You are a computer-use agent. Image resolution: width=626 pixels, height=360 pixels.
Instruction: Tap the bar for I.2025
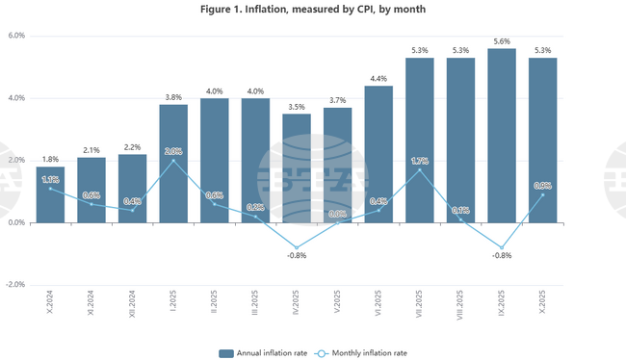[173, 164]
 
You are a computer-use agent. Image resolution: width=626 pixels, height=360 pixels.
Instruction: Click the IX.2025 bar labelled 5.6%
[502, 136]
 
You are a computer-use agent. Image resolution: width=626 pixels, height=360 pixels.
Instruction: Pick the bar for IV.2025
[297, 168]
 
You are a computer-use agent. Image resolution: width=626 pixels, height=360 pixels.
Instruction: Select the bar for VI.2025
[378, 154]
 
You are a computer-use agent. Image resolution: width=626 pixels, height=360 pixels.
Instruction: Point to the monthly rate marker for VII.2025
[419, 169]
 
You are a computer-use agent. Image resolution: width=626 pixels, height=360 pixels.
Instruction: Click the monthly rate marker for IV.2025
[297, 247]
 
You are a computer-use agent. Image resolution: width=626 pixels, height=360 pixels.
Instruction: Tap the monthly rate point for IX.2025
[502, 247]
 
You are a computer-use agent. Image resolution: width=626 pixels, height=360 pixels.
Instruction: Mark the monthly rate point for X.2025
[542, 194]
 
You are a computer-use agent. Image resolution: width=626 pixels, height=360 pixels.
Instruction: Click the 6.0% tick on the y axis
[16, 36]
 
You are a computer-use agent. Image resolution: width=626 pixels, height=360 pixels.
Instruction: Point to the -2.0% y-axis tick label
[15, 285]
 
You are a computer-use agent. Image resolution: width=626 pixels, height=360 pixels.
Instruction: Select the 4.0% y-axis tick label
[16, 98]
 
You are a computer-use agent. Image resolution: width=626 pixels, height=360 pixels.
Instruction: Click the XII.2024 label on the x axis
[132, 307]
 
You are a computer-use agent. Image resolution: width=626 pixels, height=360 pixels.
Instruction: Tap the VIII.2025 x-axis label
[460, 307]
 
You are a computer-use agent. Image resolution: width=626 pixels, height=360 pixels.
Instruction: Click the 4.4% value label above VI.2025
[378, 78]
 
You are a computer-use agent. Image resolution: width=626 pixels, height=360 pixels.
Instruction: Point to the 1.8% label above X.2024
[50, 159]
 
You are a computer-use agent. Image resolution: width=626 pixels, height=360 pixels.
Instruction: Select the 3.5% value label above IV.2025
[297, 106]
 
